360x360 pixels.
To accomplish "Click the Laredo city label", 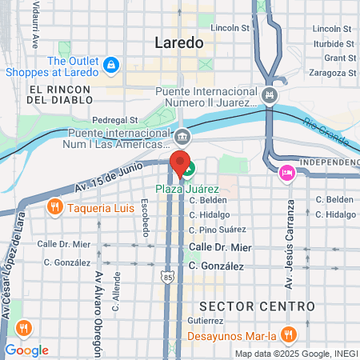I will coord(180,42).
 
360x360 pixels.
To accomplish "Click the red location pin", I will coord(178,158).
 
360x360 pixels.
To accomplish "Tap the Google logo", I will coord(26,350).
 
